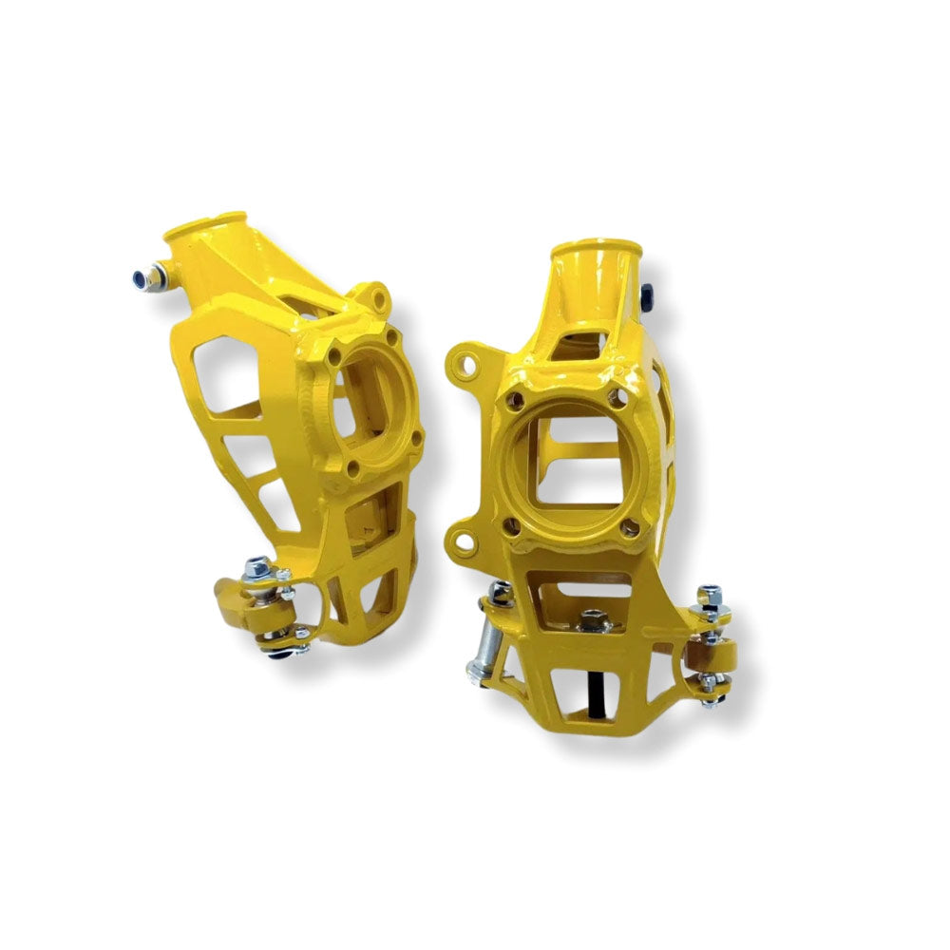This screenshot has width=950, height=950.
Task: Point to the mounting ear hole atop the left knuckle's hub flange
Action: [379, 297]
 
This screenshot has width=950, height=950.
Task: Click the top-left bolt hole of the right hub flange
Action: [518, 400]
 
